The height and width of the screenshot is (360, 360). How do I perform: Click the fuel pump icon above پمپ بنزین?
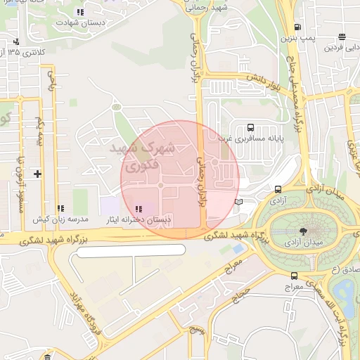coord(297,28)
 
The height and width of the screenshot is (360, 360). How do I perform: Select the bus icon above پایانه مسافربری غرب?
coord(250,128)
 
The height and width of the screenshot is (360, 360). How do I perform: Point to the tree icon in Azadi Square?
coord(303,231)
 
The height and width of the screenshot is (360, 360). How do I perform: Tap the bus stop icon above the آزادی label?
coord(278,190)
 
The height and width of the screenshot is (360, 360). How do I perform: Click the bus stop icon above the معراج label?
coord(294,276)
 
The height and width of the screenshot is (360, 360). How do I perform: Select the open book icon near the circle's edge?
coord(238,202)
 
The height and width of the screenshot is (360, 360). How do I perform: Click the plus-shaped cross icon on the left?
coord(37,173)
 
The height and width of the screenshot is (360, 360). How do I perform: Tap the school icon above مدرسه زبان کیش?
coord(60,209)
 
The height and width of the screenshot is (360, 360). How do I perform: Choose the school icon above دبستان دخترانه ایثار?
coord(138,209)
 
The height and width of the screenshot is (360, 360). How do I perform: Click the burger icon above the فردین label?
coord(342,37)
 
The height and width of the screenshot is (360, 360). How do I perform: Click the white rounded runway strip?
coord(127,250)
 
